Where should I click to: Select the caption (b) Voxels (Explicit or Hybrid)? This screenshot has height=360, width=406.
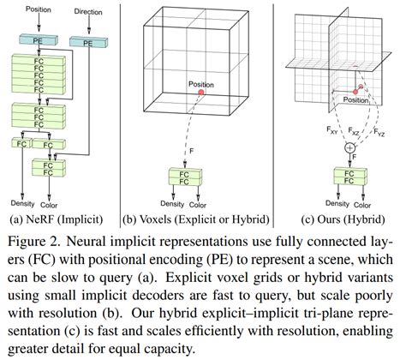[196, 219]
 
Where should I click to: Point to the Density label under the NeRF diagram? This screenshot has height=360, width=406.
[24, 204]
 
